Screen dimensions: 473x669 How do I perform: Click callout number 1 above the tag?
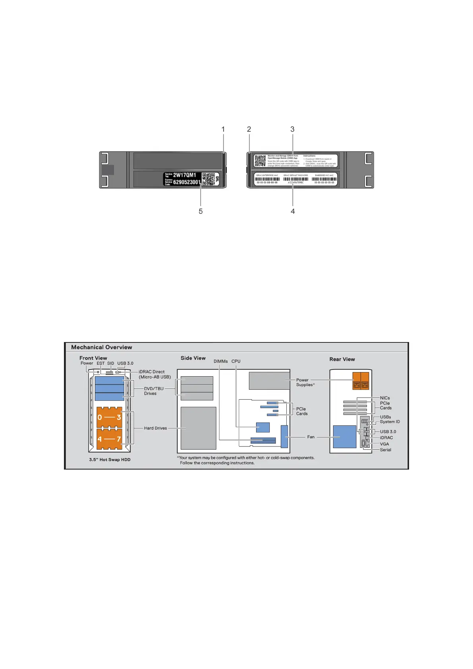point(223,129)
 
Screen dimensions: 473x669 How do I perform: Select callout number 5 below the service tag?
point(201,211)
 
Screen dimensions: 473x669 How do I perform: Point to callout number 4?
point(293,211)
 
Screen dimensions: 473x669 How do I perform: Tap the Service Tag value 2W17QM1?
point(185,175)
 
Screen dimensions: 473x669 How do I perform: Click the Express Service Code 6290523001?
point(187,182)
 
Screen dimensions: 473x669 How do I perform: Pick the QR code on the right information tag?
point(260,161)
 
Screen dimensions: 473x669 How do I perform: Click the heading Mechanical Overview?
point(102,347)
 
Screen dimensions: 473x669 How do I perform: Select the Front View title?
point(93,358)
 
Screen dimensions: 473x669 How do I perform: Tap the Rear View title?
point(342,359)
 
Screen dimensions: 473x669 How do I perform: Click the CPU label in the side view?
point(236,361)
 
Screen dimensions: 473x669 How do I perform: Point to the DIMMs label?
point(221,361)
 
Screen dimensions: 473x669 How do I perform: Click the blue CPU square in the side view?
point(263,427)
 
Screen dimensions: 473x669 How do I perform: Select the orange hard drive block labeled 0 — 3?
point(109,417)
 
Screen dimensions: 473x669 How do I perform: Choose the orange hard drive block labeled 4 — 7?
point(109,439)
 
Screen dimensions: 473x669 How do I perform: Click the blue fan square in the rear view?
point(344,437)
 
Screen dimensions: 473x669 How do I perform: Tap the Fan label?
point(311,437)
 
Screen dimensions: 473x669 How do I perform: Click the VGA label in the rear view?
point(384,444)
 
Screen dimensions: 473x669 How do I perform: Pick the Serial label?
point(386,450)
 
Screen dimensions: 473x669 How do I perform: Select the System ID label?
point(390,422)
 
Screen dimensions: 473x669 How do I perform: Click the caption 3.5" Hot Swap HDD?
point(110,460)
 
